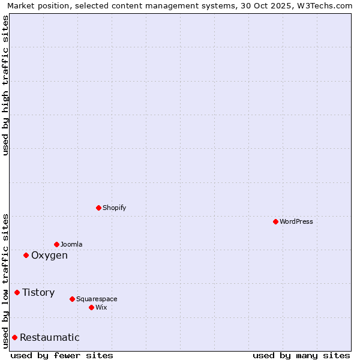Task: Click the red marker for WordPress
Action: (x=275, y=221)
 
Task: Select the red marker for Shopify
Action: (x=98, y=208)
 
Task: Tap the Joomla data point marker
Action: (x=56, y=244)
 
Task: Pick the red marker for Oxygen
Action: (x=26, y=255)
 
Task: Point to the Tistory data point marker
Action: (x=17, y=292)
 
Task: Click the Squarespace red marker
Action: (x=72, y=299)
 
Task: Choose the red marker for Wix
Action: (x=91, y=307)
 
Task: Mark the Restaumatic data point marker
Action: (x=14, y=337)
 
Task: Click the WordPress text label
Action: (x=296, y=221)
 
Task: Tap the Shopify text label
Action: (x=114, y=208)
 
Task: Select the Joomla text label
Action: (x=71, y=244)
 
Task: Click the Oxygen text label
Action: (x=49, y=256)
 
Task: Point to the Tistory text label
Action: (x=38, y=293)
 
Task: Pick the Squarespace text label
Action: (x=97, y=299)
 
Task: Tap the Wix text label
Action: (x=101, y=307)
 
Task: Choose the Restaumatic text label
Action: (x=50, y=338)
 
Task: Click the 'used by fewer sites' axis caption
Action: (x=62, y=355)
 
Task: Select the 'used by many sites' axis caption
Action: (x=301, y=355)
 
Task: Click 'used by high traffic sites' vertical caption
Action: (x=5, y=85)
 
